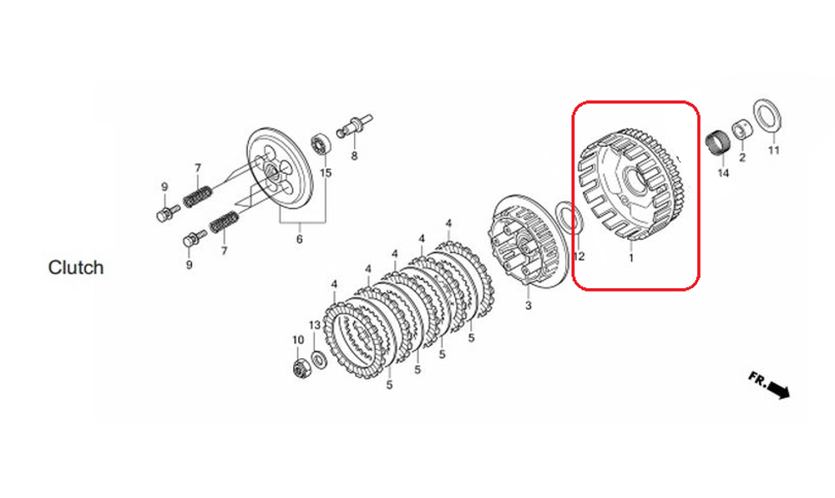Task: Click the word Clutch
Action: point(76,267)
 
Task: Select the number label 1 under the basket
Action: point(630,258)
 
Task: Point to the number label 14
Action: point(723,173)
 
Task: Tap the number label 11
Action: point(773,150)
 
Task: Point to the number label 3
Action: point(528,307)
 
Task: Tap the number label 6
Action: point(298,239)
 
